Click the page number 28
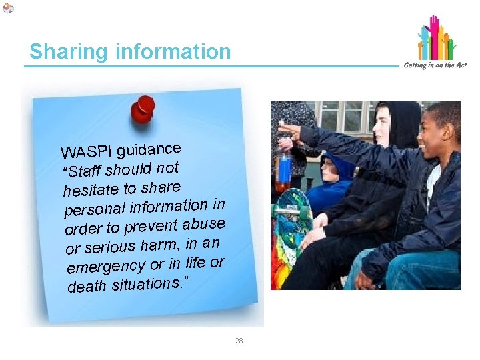coord(239,341)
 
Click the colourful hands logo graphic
coord(436,39)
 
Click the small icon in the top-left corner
coord(8,8)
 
